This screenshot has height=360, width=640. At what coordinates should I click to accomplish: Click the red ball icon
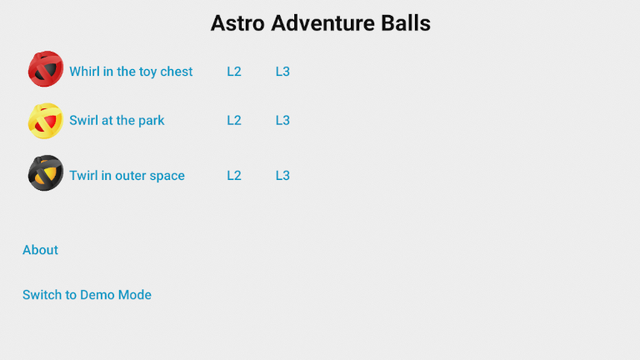[x=45, y=69]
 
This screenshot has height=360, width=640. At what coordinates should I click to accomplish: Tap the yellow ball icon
[x=45, y=121]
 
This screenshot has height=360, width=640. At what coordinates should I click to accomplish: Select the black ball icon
[x=45, y=173]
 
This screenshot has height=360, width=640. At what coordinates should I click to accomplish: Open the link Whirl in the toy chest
[x=131, y=72]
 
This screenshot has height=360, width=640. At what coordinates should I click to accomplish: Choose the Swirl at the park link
[x=117, y=120]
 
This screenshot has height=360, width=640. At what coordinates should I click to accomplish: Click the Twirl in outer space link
[x=127, y=175]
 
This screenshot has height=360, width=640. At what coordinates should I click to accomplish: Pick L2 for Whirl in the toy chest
[x=234, y=72]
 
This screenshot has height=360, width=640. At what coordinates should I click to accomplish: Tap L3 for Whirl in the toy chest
[x=282, y=72]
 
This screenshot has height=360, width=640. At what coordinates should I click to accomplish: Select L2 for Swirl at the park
[x=234, y=120]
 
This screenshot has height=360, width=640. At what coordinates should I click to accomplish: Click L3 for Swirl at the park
[x=282, y=120]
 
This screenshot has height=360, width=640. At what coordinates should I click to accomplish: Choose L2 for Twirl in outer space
[x=234, y=175]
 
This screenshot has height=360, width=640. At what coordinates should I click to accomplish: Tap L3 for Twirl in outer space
[x=282, y=175]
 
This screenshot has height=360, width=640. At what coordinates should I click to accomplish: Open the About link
[x=40, y=250]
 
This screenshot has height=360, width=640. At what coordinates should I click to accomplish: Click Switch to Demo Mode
[x=87, y=295]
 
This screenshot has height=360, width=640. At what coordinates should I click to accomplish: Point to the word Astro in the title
[x=236, y=23]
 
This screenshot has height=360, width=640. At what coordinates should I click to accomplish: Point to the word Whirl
[x=84, y=72]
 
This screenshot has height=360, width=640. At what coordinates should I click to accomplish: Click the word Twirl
[x=83, y=175]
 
